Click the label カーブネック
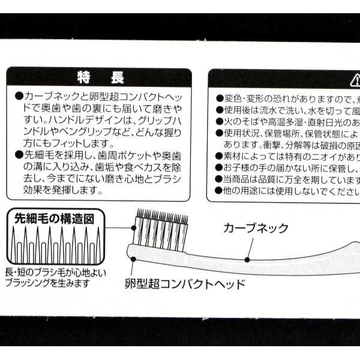pyautogui.click(x=256, y=228)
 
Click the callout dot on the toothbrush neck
pyautogui.click(x=247, y=259)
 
